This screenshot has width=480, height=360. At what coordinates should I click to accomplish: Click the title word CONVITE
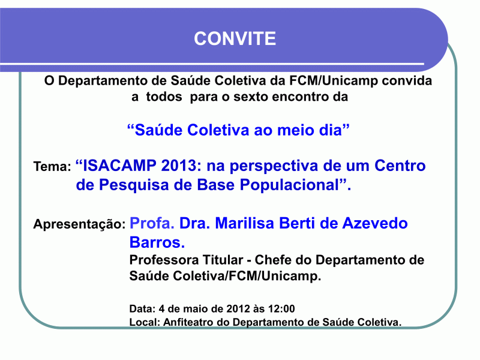pos(235,38)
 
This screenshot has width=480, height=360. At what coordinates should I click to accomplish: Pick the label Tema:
pos(52,167)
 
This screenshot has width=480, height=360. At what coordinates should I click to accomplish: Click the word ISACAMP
pos(119,166)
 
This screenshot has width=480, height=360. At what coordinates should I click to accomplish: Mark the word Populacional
pos(290,185)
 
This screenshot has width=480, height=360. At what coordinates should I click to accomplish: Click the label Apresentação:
pos(80,224)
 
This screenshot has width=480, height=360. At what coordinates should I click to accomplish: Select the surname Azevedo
pos(375,223)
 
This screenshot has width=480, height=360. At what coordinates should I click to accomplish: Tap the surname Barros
pos(157,242)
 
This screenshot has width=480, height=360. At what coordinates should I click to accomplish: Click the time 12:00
pos(281,308)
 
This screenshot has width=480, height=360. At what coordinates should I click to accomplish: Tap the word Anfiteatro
pos(188,322)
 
